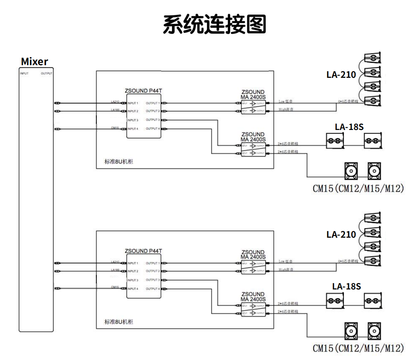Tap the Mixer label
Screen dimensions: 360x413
[35, 61]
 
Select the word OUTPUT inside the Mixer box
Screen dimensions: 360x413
[46, 73]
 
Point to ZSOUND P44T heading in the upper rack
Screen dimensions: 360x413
[143, 91]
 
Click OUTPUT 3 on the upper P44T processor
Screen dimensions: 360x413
[152, 120]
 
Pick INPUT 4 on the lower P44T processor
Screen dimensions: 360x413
[133, 289]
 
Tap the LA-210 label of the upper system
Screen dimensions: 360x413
[341, 75]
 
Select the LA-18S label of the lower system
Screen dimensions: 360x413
[347, 286]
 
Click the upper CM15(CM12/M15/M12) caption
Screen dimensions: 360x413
[358, 189]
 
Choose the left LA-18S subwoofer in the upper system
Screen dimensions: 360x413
[334, 141]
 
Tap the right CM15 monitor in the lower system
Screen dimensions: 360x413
[374, 331]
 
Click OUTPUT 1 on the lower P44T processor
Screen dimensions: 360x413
[152, 263]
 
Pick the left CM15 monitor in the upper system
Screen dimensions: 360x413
[351, 171]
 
